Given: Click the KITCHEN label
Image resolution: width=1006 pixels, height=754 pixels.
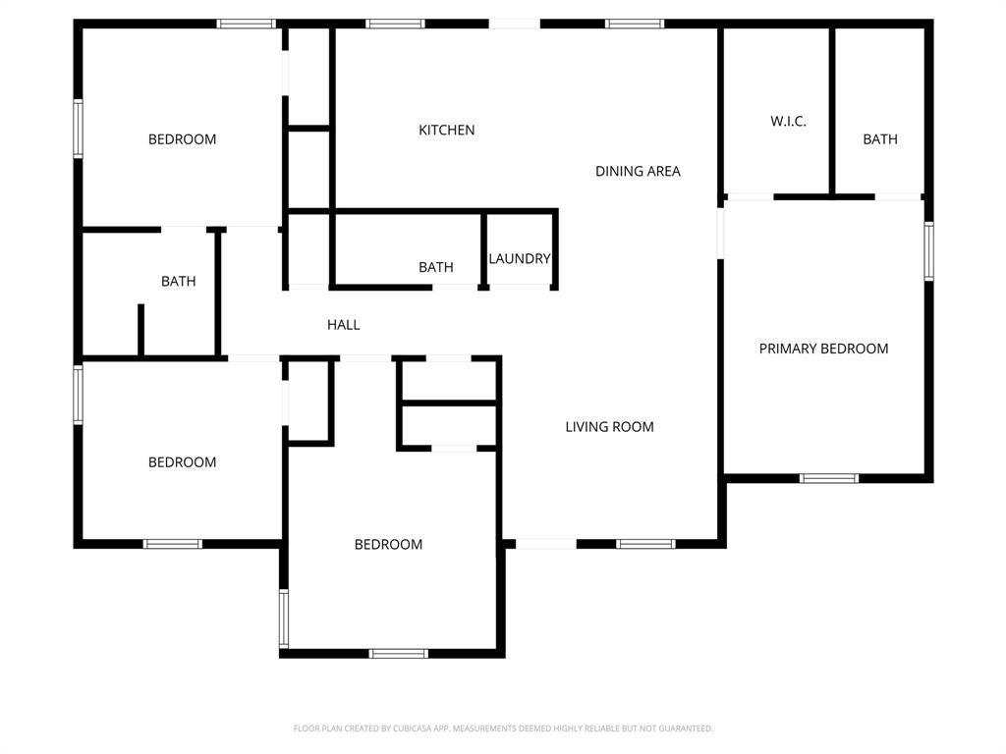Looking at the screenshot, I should click(x=446, y=130).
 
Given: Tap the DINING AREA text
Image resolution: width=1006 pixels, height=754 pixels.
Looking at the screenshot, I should click(x=638, y=171).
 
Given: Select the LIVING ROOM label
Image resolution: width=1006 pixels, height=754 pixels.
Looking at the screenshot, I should click(x=609, y=426).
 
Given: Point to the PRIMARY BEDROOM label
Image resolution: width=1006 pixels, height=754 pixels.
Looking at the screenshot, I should click(x=823, y=349).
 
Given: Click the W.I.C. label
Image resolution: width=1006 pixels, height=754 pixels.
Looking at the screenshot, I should click(x=788, y=121).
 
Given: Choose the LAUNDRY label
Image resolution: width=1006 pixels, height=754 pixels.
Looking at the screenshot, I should click(x=520, y=259).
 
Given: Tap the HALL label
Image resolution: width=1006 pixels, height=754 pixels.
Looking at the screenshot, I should click(x=343, y=324).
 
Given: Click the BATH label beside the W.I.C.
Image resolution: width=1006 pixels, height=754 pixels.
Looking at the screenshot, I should click(x=879, y=139).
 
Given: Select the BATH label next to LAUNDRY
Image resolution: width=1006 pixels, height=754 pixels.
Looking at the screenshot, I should click(x=435, y=267).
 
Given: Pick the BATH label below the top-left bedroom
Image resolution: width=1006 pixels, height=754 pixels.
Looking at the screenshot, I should click(x=178, y=281).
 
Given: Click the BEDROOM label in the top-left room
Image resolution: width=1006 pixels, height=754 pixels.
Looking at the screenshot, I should click(x=182, y=139).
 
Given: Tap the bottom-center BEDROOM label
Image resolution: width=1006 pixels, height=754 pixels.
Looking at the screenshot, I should click(x=388, y=544).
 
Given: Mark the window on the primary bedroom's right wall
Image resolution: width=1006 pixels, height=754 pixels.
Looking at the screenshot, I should click(x=928, y=251).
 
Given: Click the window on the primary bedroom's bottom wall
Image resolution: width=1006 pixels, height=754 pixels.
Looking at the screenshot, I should click(x=828, y=478).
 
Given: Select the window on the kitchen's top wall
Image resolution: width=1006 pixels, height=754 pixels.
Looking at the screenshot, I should click(x=395, y=24).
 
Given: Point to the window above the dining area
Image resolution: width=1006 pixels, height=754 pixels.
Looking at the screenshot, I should click(x=635, y=24).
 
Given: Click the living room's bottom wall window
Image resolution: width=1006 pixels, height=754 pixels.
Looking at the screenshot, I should click(x=645, y=543).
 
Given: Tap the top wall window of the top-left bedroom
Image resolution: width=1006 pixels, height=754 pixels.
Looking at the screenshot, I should click(x=246, y=24).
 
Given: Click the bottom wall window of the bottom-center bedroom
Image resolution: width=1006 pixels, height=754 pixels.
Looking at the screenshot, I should click(x=398, y=653).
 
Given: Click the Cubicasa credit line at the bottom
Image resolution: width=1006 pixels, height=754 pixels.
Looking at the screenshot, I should click(x=503, y=728).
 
